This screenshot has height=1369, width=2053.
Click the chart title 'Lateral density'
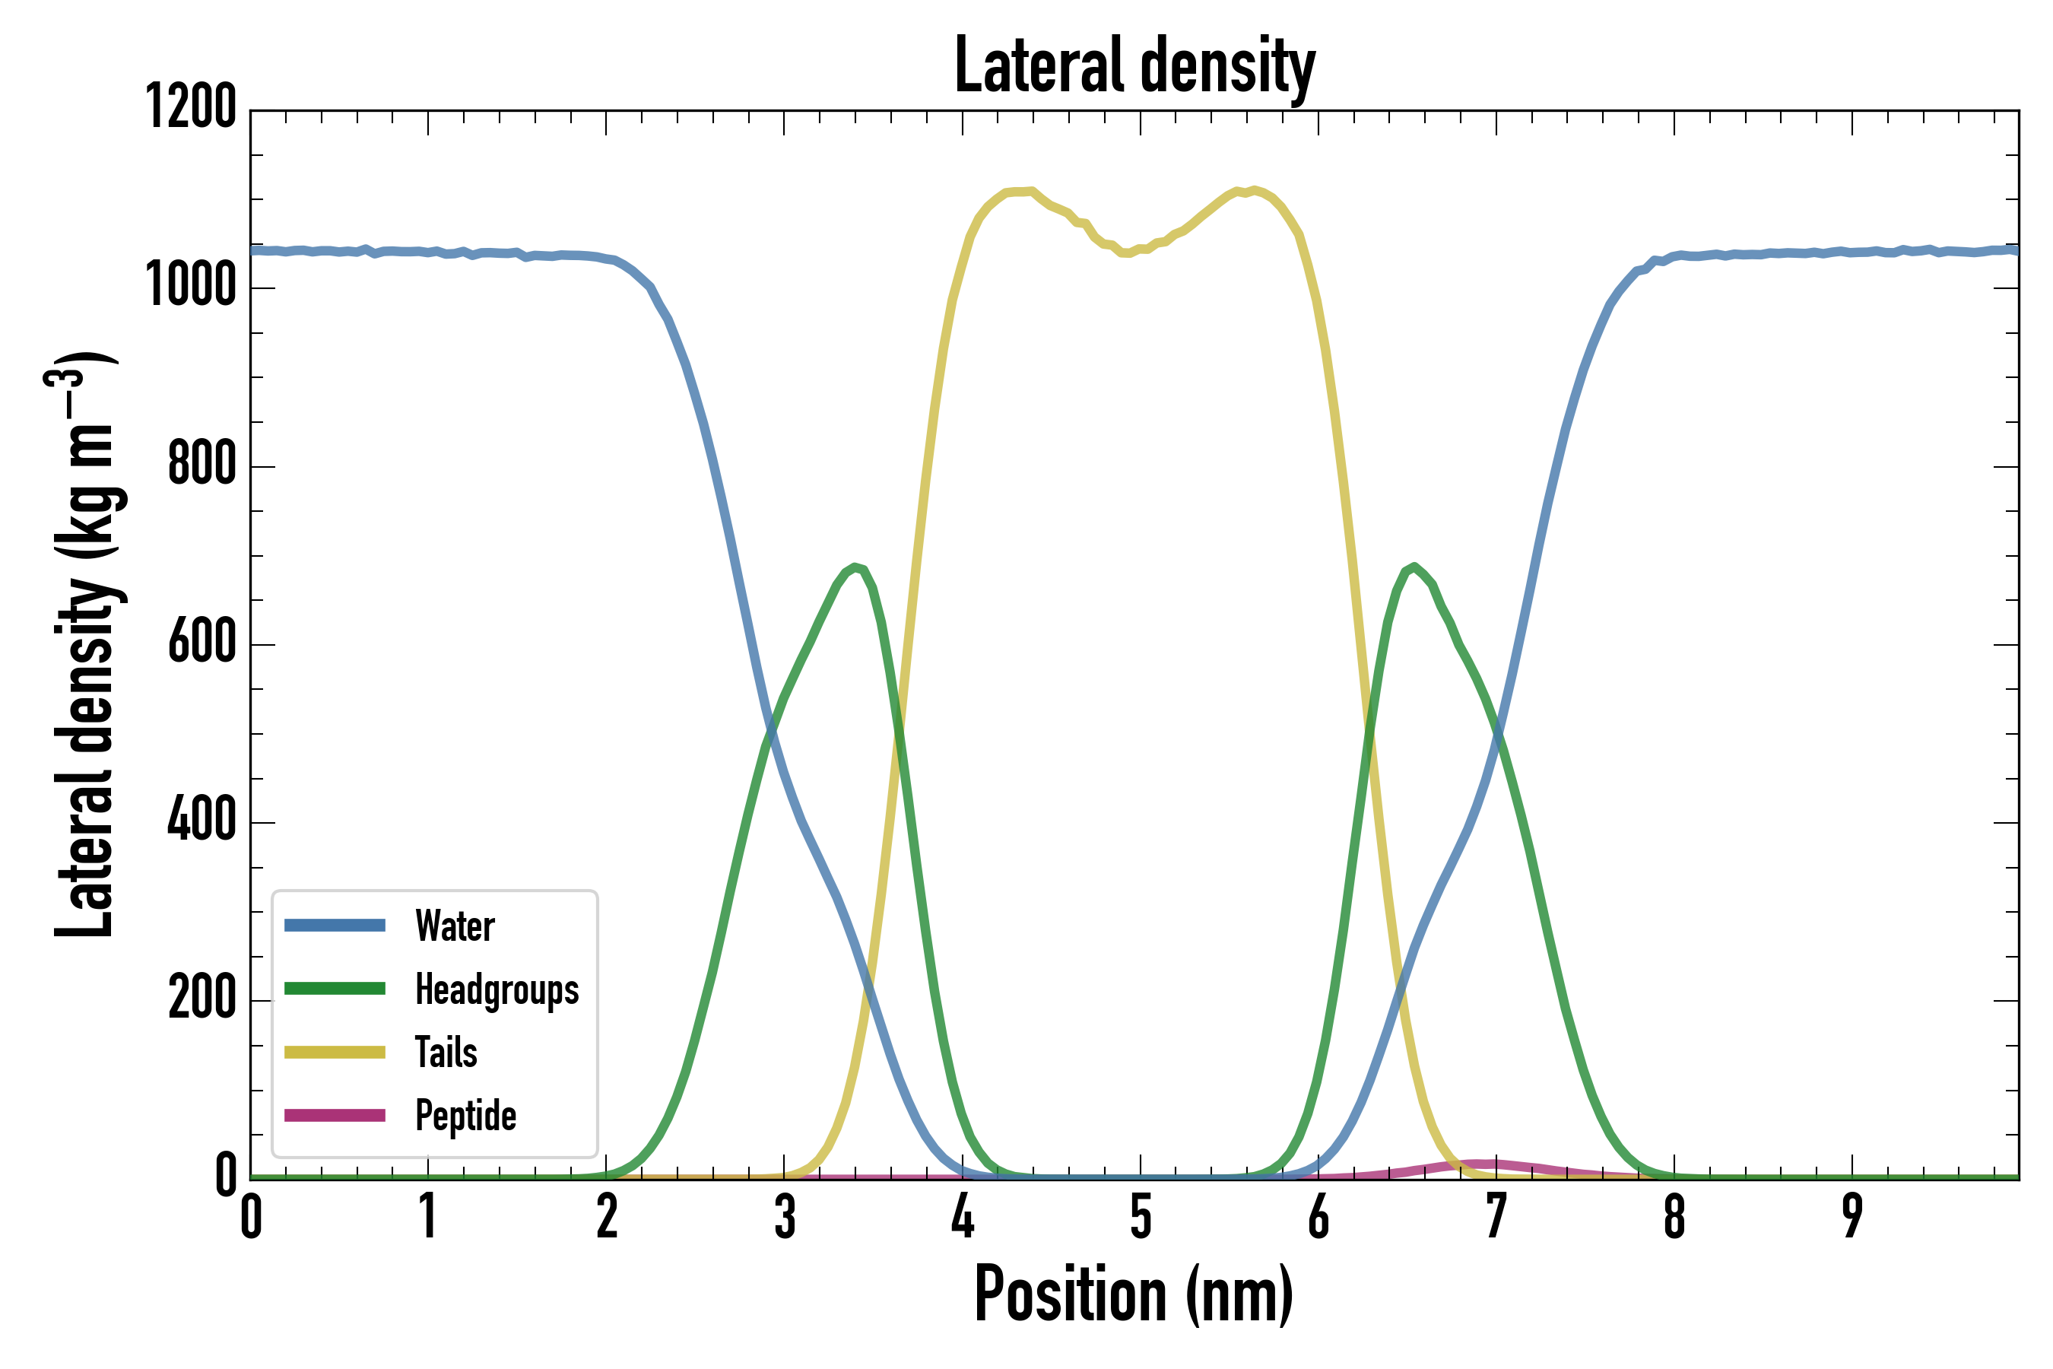(x=1134, y=66)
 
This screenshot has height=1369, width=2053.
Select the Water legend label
(x=455, y=926)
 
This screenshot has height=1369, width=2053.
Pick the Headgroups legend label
(x=497, y=989)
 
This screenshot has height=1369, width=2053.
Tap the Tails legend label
(x=446, y=1052)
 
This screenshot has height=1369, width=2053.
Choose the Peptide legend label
(x=465, y=1115)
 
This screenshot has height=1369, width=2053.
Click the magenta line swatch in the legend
(x=335, y=1115)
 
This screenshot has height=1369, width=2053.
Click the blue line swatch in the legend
(x=335, y=926)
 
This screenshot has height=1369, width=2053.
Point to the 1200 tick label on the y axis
(x=190, y=107)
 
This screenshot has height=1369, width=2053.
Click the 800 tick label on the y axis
(x=201, y=464)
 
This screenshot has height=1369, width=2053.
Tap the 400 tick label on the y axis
(x=201, y=820)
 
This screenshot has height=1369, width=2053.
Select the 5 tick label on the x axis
(x=1140, y=1216)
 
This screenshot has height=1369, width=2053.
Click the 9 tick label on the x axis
(x=1852, y=1216)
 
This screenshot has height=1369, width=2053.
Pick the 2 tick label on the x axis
(x=607, y=1216)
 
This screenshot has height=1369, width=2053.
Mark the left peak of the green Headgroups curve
(x=855, y=567)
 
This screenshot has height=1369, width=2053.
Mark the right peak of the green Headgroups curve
(x=1414, y=567)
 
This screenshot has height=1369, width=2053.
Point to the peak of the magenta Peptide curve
(x=1484, y=1164)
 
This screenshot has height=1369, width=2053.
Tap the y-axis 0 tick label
(x=226, y=1176)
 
